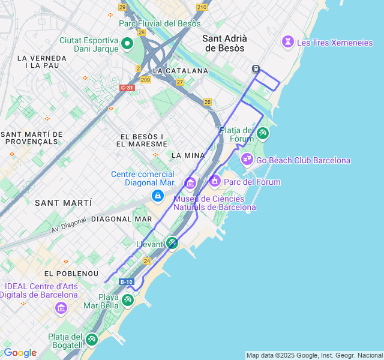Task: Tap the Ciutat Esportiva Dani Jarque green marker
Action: coord(127,43)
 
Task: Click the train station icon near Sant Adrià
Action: coord(256,69)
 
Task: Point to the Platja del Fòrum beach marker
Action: coord(262,133)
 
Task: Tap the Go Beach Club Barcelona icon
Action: coord(247,160)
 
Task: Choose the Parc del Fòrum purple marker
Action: coord(215,181)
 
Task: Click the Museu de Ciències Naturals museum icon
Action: coord(190,182)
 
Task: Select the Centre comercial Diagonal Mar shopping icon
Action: coord(157,196)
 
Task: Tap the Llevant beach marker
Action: coord(172,243)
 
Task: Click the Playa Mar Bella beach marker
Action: coord(127,300)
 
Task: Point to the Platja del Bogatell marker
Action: coord(91,340)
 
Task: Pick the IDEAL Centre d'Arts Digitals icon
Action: coord(61,308)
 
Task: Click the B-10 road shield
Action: coord(126,281)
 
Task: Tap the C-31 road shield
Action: coord(127,88)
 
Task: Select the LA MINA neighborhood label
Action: coord(188,155)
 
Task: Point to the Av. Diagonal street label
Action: coord(68,224)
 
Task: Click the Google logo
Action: coord(20,353)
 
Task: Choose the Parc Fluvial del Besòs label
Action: coord(159,23)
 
